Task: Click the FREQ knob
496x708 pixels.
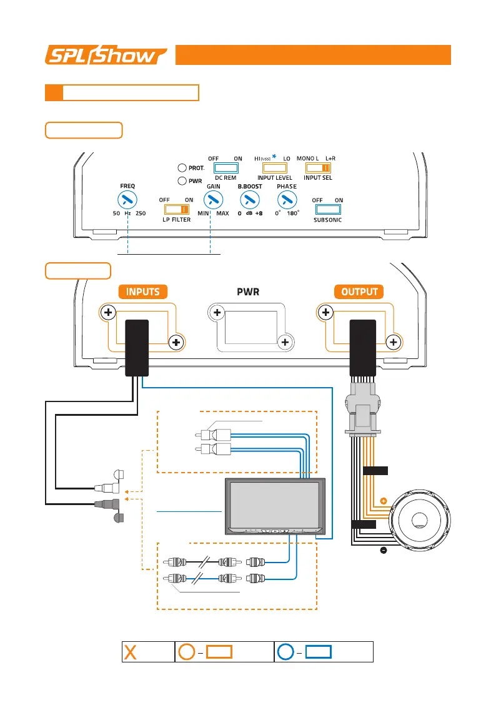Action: click(x=127, y=200)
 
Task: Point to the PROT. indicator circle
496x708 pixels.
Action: click(x=182, y=167)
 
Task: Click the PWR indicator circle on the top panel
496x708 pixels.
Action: click(x=182, y=181)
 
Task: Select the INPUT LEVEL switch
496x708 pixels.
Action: click(x=274, y=168)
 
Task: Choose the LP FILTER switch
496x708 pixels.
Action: click(x=176, y=210)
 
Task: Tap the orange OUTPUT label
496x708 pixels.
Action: click(x=359, y=292)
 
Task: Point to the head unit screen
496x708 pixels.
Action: click(x=274, y=503)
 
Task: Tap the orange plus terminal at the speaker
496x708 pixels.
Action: click(x=383, y=501)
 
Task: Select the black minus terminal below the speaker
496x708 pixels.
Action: click(x=383, y=550)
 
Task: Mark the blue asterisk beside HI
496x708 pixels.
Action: click(x=274, y=158)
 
